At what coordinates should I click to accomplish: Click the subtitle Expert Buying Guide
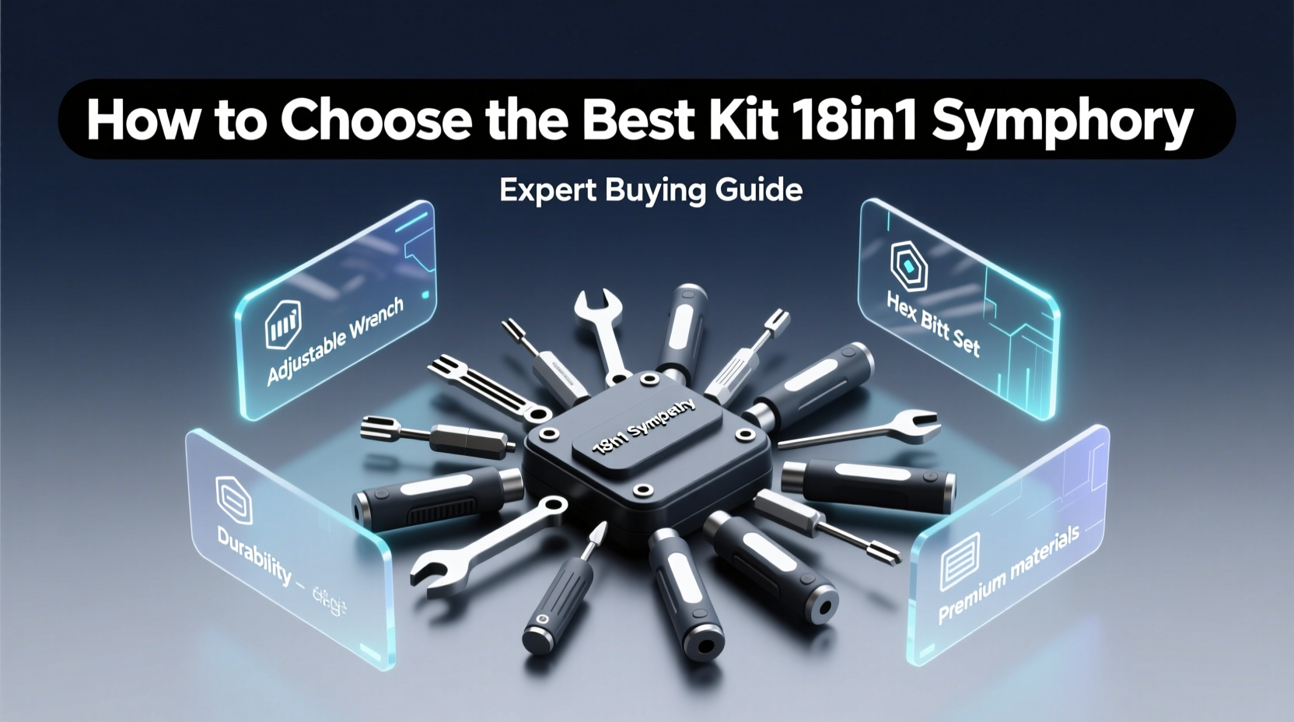pos(651,190)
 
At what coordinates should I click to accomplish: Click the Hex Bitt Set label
pos(933,324)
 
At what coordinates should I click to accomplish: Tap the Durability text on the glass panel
pos(254,552)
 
